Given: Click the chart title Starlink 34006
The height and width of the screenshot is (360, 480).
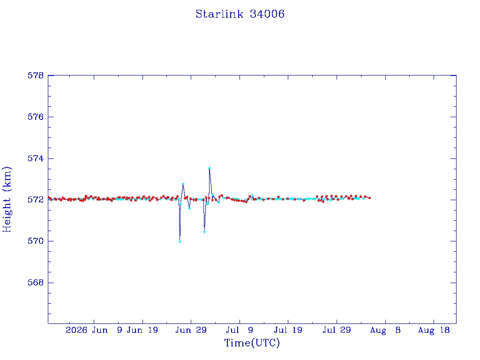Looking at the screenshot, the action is click(240, 14).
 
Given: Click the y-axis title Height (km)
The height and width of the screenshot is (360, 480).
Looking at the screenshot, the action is click(7, 199).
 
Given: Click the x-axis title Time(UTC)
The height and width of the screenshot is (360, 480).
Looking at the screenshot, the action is click(252, 343).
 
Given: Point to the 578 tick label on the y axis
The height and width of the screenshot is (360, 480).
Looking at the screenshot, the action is click(36, 75).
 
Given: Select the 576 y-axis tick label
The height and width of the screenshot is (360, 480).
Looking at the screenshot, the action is click(36, 117).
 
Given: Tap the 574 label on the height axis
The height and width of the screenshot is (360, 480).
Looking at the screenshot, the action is click(36, 158).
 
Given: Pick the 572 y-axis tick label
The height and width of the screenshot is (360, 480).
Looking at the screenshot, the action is click(36, 200).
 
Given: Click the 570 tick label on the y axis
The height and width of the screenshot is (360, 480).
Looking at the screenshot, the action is click(36, 241).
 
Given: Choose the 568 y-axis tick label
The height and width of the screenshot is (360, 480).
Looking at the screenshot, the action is click(36, 283).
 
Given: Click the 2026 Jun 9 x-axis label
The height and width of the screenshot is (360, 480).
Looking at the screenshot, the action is click(94, 330).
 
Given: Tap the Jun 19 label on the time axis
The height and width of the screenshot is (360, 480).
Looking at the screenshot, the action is click(142, 330).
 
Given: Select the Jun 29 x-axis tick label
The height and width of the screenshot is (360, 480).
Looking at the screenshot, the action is click(191, 330).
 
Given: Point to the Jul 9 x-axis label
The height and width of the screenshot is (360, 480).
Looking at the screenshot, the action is click(240, 330).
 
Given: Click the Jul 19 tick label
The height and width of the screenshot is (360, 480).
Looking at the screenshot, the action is click(288, 330).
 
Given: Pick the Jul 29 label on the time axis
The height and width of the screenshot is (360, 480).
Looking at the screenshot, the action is click(337, 330).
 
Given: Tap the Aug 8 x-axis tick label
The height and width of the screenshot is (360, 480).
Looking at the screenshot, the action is click(385, 330).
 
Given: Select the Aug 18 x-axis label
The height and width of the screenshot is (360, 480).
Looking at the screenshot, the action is click(434, 330).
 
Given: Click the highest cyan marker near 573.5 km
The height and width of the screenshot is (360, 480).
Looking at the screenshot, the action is click(210, 168).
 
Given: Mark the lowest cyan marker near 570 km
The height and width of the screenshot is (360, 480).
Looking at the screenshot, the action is click(180, 241).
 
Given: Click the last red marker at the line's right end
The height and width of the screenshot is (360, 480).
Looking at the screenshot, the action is click(370, 198).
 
